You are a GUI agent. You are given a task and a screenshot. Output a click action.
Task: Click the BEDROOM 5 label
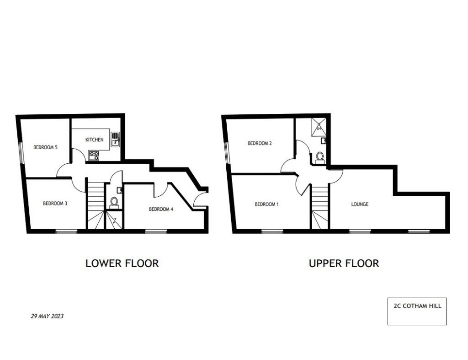[x=45, y=147]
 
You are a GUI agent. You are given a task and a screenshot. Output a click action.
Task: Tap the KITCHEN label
[x=94, y=140]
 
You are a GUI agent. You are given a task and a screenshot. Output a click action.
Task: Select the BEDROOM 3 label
[x=55, y=204]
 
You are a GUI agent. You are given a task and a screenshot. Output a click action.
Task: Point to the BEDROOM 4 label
[x=161, y=209]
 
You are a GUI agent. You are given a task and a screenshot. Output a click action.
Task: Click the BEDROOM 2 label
[x=260, y=143]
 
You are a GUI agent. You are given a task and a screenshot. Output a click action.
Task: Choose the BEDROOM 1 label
[x=266, y=204]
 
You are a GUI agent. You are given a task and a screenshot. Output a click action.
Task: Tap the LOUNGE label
[x=360, y=204]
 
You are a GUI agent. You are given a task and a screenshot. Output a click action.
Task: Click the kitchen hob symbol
[x=94, y=155]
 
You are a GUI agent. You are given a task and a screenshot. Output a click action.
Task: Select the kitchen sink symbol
[x=115, y=140]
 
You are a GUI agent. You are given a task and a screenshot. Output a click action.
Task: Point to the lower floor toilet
[x=114, y=202]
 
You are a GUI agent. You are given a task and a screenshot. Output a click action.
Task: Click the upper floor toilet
[x=319, y=157]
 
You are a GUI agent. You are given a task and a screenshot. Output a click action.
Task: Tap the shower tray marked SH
[x=319, y=126]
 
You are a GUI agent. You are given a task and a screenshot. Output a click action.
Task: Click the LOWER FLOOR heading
[x=122, y=263]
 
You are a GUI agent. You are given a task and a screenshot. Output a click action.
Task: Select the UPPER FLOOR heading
[x=344, y=263]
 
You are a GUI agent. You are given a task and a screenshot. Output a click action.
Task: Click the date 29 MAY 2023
[x=47, y=316]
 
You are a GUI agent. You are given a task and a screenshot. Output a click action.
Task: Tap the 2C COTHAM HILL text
[x=417, y=306]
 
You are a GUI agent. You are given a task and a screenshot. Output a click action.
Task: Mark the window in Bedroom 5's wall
[x=21, y=152]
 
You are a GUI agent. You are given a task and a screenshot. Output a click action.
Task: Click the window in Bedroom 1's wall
[x=272, y=231]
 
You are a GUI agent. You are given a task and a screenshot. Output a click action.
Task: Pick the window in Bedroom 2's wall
[x=227, y=153]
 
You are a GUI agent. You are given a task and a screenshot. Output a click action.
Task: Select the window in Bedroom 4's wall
[x=156, y=231]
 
